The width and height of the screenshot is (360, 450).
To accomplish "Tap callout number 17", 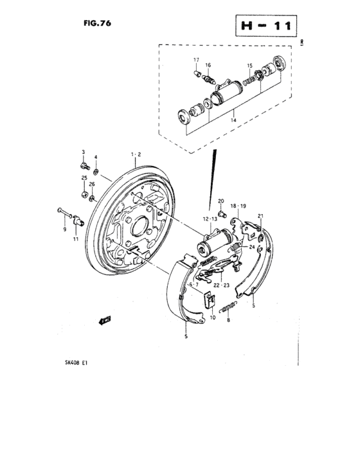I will click(197, 60).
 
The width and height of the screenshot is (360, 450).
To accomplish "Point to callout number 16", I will click(208, 65).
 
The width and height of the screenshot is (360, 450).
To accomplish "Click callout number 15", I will click(250, 65).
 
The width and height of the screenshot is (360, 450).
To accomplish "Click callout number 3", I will click(83, 151).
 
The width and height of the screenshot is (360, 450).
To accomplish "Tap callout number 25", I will click(84, 177).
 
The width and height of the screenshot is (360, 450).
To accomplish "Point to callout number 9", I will click(64, 229).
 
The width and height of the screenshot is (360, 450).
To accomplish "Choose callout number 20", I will click(221, 201).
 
